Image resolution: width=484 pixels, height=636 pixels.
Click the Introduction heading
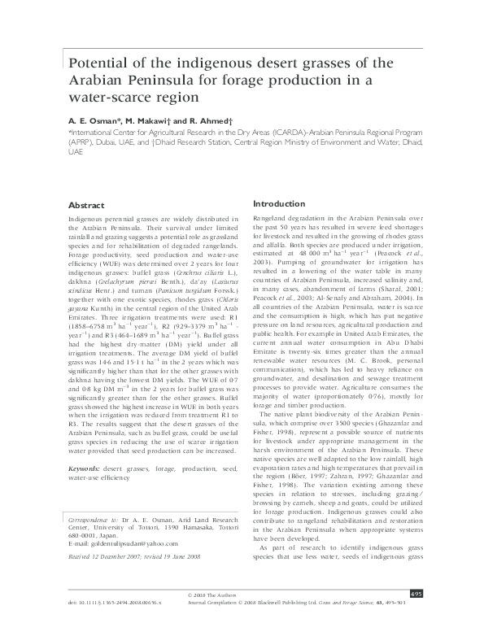(280, 203)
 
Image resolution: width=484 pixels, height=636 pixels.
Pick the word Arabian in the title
(101, 80)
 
